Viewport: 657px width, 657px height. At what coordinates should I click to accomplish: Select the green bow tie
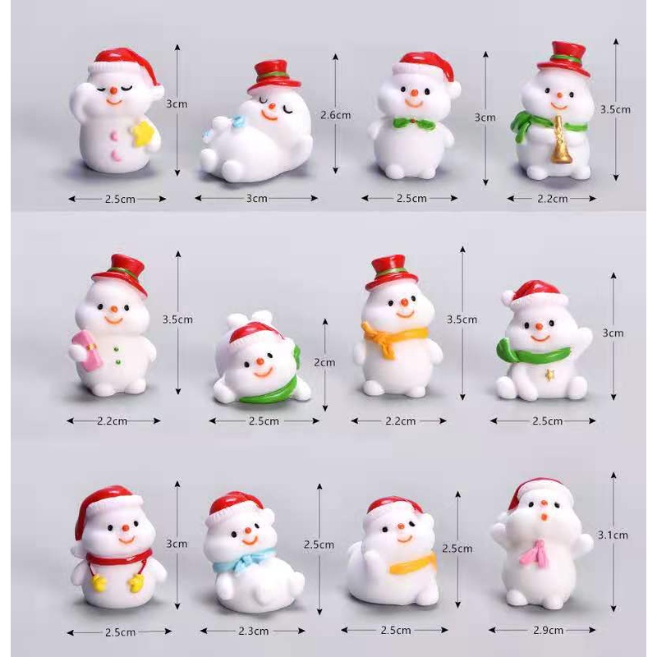tap(414, 122)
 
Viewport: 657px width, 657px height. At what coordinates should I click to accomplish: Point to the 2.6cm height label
tap(335, 115)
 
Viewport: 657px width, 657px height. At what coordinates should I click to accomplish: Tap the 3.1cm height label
tap(613, 535)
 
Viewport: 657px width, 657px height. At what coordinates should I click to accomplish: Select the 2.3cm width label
tap(254, 631)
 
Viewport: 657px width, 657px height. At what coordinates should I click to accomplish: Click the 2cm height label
tap(324, 362)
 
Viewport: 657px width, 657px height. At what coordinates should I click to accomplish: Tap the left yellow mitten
tap(98, 583)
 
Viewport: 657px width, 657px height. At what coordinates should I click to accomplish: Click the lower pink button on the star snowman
tap(115, 155)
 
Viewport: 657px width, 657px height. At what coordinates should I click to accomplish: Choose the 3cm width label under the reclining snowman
tap(257, 198)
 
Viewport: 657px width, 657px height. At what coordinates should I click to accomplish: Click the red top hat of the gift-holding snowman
tap(119, 275)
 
